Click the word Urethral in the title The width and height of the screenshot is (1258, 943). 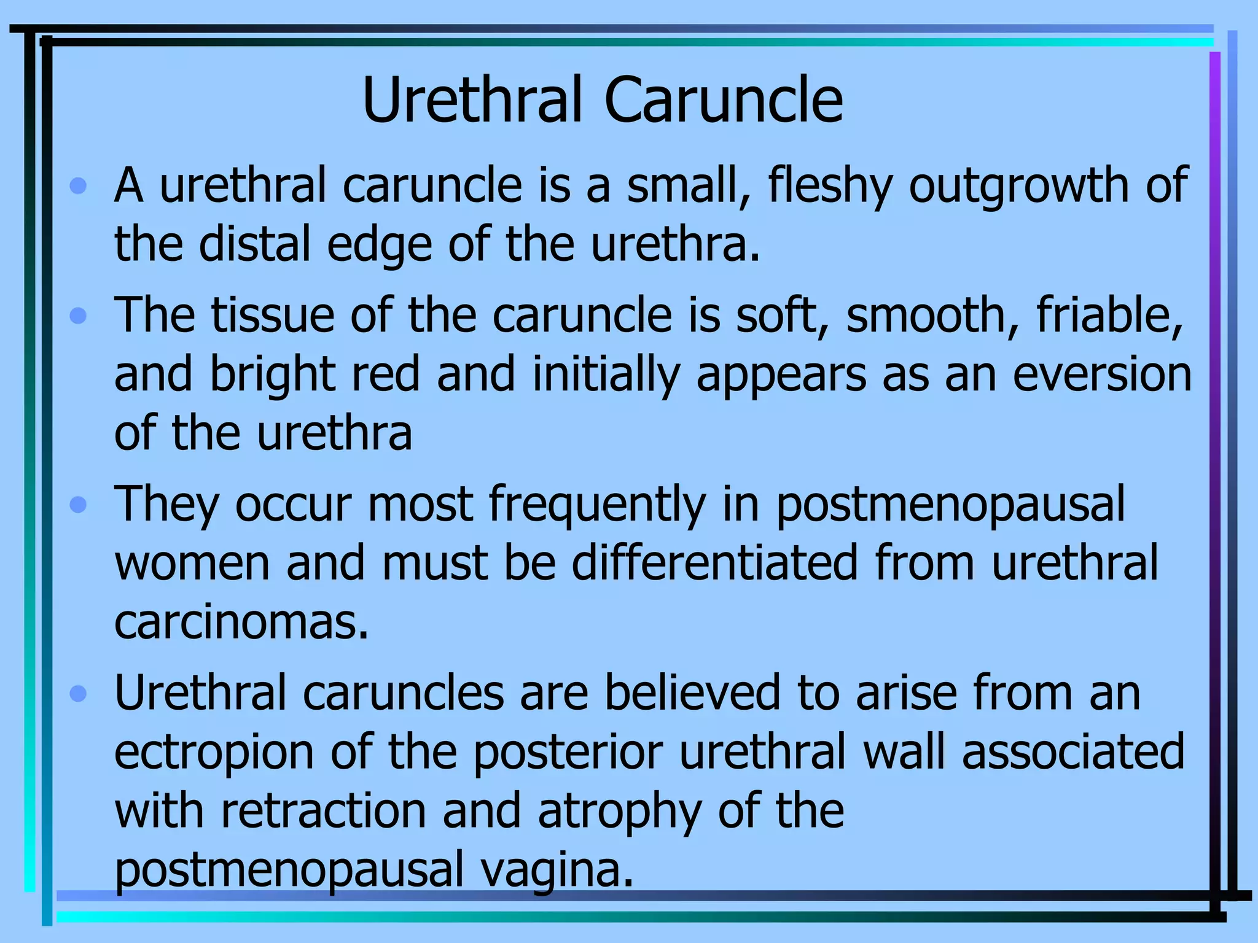472,100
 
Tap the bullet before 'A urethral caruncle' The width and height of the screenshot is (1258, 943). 78,185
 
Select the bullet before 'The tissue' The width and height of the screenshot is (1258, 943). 78,316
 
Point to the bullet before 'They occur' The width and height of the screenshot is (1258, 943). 78,505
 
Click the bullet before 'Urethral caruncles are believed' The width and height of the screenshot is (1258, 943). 78,694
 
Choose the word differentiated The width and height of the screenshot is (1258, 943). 714,563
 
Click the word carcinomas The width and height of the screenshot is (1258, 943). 241,623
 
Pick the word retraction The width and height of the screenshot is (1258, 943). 323,811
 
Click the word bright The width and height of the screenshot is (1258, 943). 272,375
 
